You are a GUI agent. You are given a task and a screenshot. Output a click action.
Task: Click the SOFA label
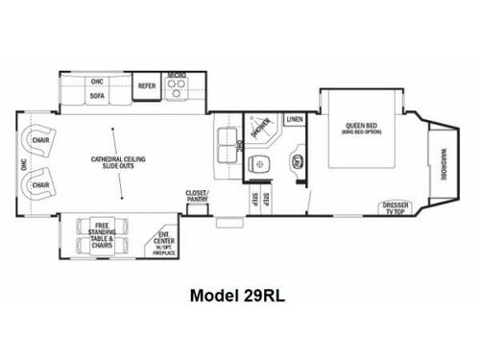(97, 95)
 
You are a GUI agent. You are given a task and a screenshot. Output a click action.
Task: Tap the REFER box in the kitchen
(147, 85)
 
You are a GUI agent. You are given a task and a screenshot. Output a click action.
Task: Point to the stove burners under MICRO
(176, 86)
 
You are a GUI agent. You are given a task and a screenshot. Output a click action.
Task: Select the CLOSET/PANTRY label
(197, 195)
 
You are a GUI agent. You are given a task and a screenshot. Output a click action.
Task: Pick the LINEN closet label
(294, 119)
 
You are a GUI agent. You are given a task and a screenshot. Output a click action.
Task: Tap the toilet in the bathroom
(257, 165)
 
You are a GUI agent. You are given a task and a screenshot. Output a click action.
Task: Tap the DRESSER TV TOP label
(395, 208)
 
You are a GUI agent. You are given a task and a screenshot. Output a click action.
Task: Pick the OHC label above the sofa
(97, 81)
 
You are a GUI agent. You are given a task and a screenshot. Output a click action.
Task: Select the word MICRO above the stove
(176, 74)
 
